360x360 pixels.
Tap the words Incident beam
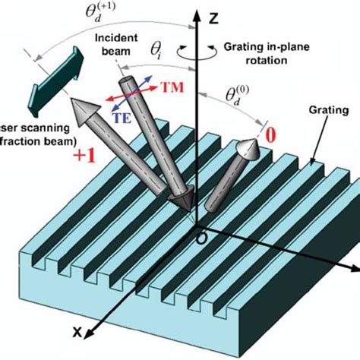(109, 44)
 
